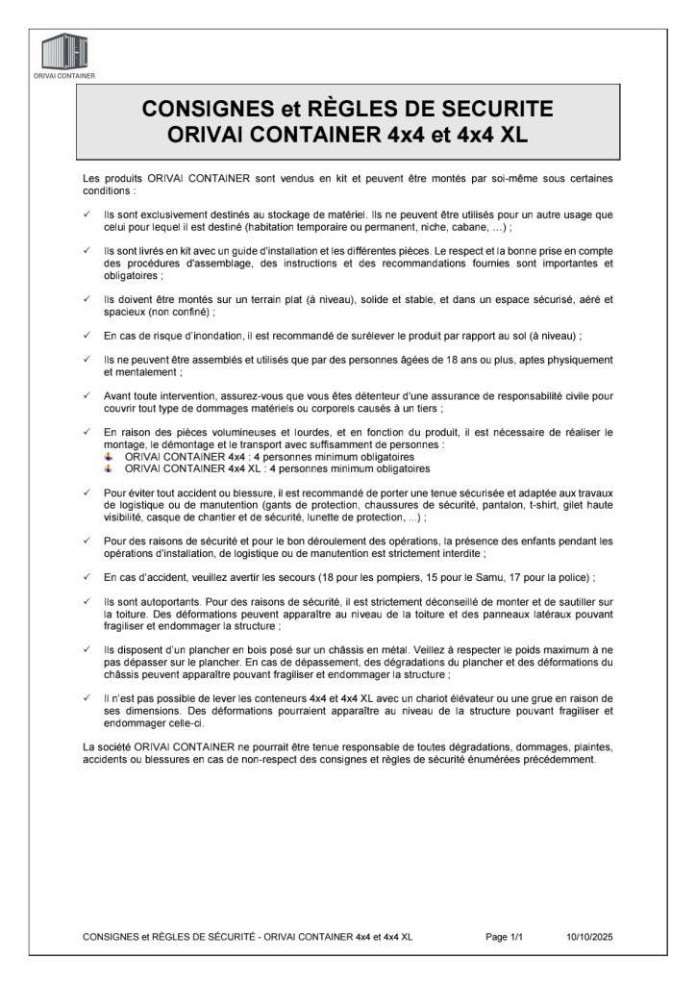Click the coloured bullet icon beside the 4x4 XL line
[109, 468]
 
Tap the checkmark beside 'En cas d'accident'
[87, 577]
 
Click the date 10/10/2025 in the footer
[589, 936]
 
